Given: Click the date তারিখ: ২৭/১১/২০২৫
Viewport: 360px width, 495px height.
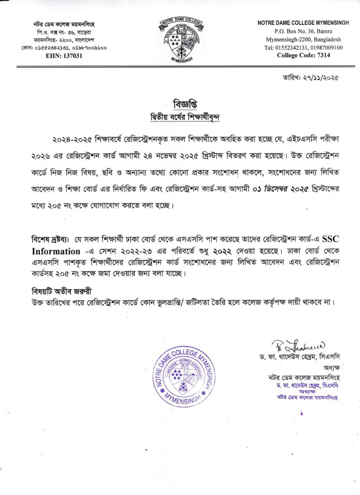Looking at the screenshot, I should pyautogui.click(x=310, y=77).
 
